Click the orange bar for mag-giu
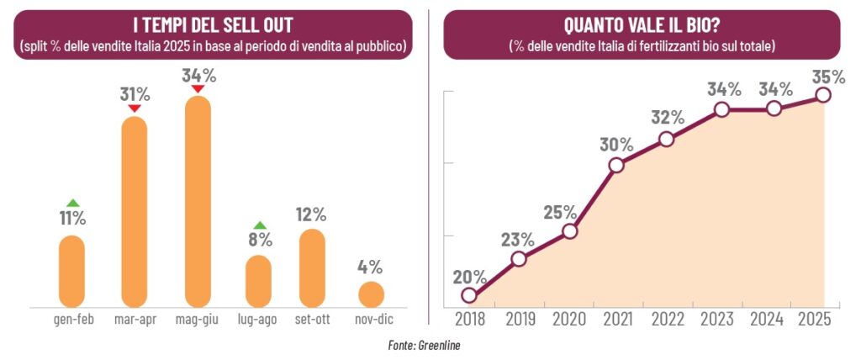[198, 202]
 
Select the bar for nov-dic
[371, 294]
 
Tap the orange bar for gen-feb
[72, 271]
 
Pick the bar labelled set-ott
[312, 267]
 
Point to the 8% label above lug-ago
[260, 240]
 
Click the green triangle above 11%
[72, 203]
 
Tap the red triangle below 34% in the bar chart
[198, 89]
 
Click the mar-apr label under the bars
[135, 320]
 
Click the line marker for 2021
[616, 165]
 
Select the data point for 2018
[469, 295]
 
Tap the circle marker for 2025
[823, 95]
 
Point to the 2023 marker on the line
[721, 109]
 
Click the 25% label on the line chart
[560, 211]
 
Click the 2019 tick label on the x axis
[519, 320]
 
